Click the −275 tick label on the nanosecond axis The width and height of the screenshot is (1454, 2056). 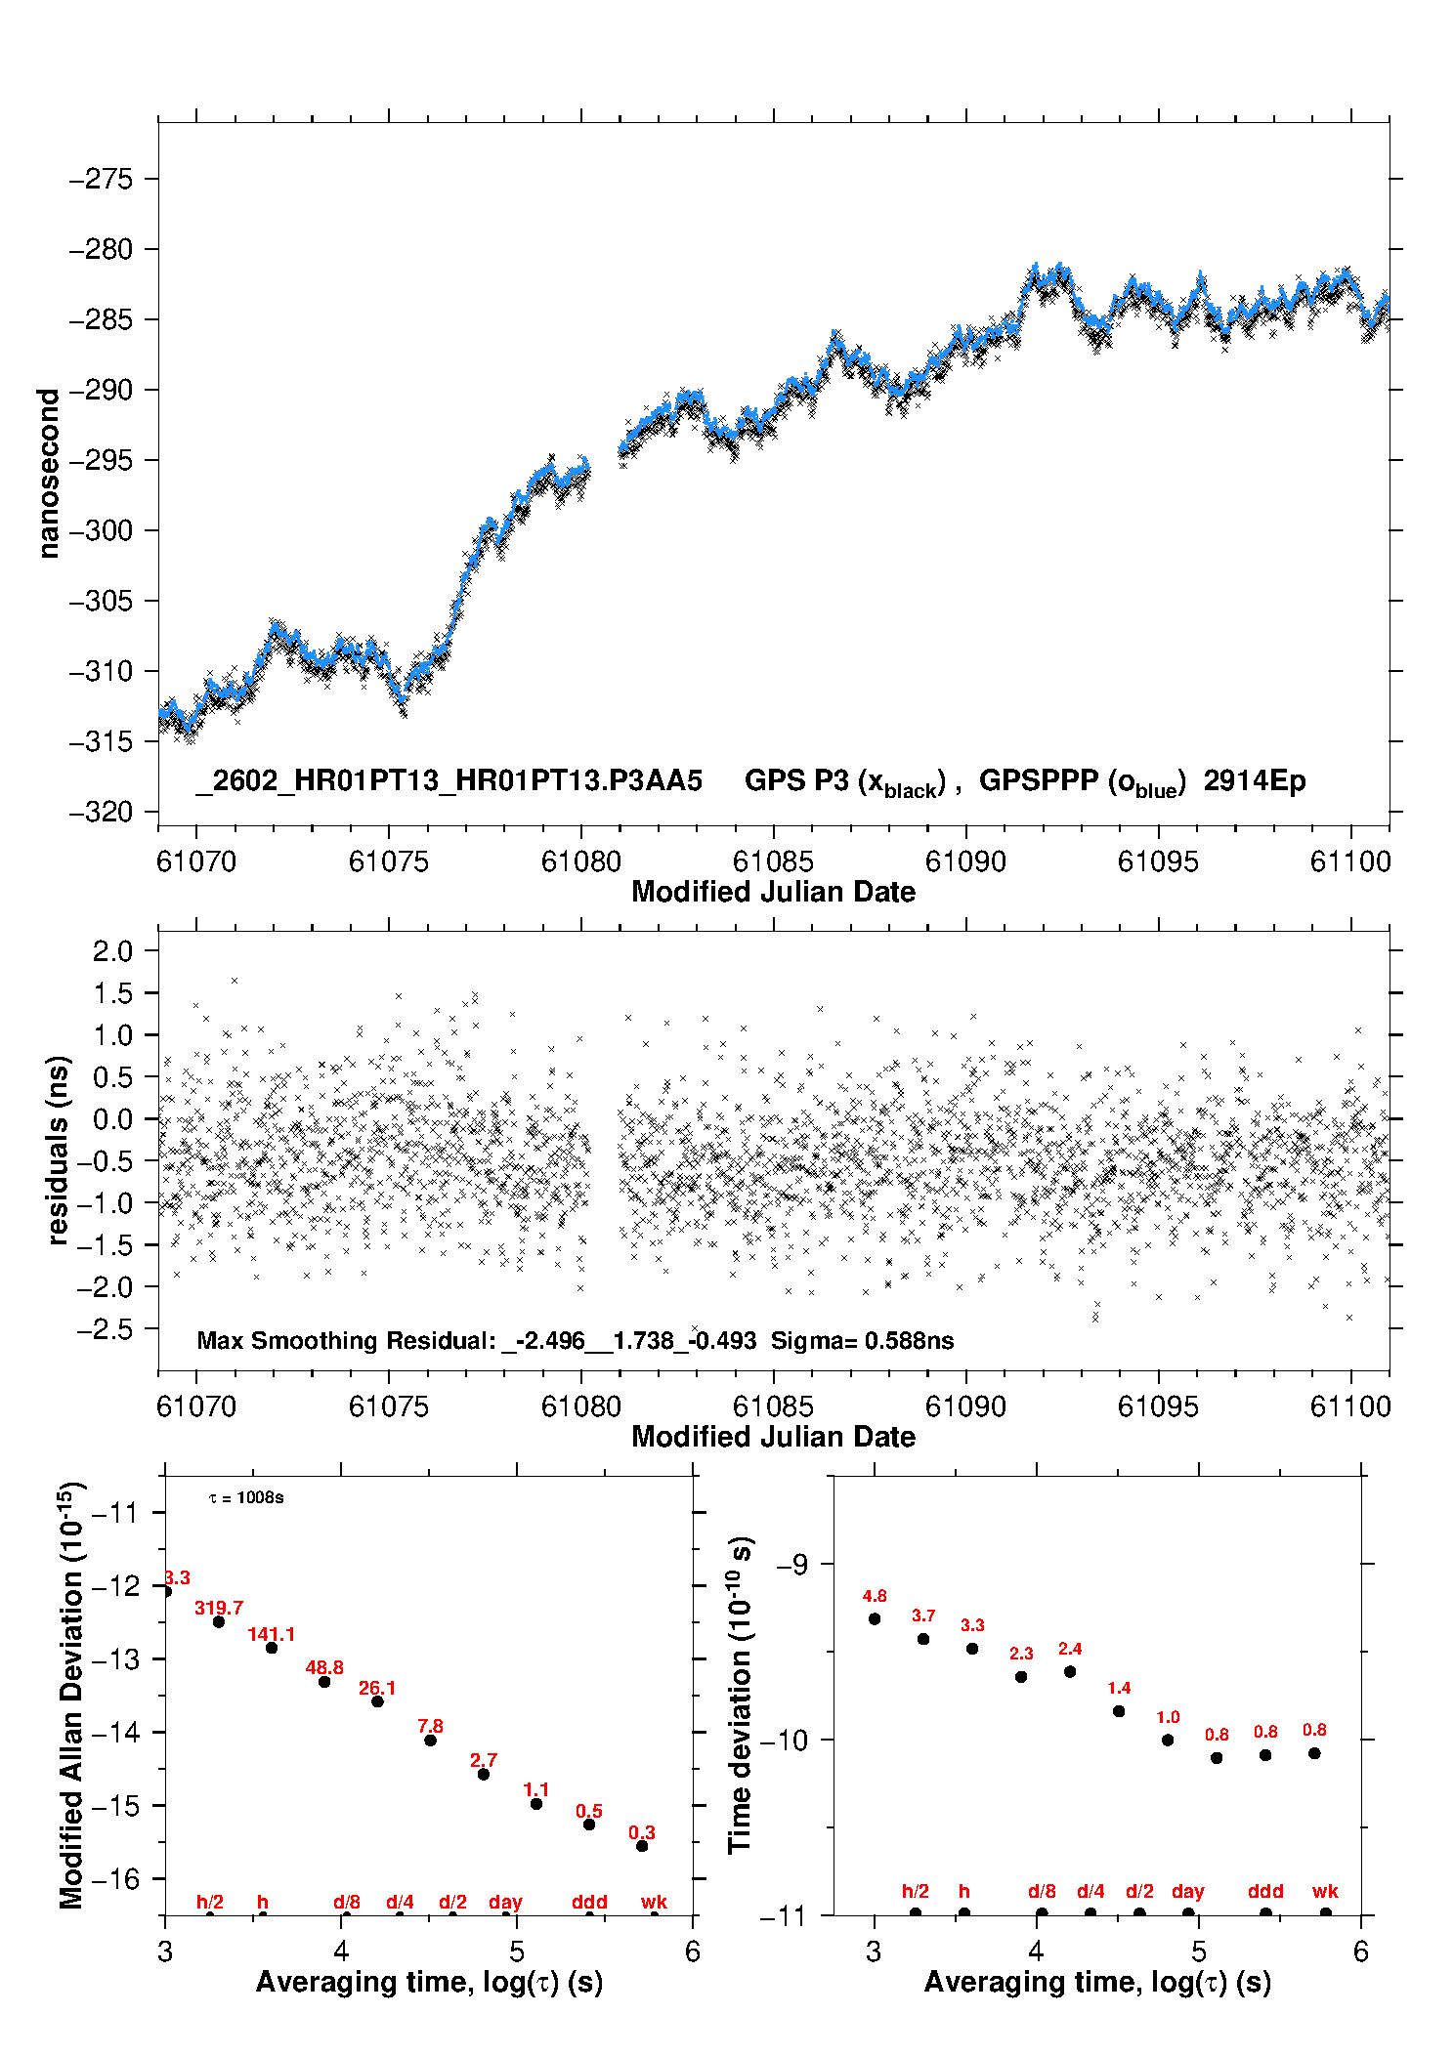[100, 180]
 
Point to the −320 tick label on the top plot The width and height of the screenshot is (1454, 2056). [100, 813]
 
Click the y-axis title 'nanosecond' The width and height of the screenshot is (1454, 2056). [48, 473]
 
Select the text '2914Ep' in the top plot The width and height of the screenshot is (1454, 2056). [1254, 781]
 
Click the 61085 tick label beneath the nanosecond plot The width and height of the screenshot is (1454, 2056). [773, 862]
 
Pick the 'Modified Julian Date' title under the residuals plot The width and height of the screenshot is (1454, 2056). [773, 1437]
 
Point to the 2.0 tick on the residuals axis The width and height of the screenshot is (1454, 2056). [111, 951]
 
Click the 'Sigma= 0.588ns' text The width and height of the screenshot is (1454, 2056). [862, 1341]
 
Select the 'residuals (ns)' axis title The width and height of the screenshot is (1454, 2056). [58, 1150]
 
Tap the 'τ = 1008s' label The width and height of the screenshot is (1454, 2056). [246, 1498]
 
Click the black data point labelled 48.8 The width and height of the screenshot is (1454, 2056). [324, 1681]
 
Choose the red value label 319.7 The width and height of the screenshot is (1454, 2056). [219, 1608]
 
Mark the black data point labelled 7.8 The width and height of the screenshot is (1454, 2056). [430, 1740]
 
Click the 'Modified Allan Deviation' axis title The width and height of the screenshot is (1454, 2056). [70, 1695]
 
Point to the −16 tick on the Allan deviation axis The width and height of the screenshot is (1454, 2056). [115, 1878]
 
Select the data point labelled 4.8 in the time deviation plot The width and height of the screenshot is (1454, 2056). [875, 1618]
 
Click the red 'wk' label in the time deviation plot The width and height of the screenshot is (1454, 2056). [1325, 1892]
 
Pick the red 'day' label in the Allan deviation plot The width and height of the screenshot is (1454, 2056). [505, 1903]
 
